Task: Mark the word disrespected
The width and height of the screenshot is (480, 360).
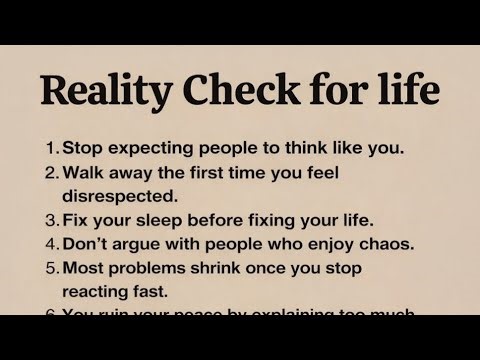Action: (x=120, y=194)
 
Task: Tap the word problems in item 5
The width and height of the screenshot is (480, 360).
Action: (x=150, y=268)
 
